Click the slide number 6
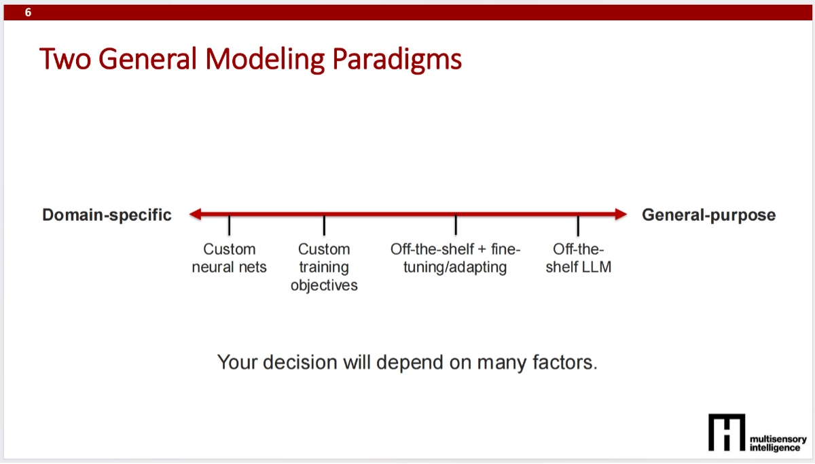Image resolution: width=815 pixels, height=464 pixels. click(x=28, y=12)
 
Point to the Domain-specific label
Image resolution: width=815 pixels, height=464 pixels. click(x=107, y=215)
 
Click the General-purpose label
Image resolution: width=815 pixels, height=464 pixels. click(x=708, y=215)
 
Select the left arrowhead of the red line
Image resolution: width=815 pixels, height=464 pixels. click(x=196, y=215)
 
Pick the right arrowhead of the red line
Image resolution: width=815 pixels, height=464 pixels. click(x=619, y=215)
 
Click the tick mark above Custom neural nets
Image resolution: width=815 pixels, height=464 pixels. click(x=230, y=225)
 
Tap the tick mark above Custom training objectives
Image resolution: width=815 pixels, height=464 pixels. click(x=324, y=225)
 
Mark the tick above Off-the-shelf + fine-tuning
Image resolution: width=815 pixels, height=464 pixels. click(x=456, y=225)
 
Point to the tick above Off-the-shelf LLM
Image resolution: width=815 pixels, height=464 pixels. click(x=578, y=225)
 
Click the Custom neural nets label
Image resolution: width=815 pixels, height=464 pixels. click(x=230, y=258)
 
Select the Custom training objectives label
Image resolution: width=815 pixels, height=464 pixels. click(x=324, y=267)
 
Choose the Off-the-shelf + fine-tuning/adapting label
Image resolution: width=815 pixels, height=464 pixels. click(x=456, y=258)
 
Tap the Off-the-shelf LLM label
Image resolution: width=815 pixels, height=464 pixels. click(x=578, y=258)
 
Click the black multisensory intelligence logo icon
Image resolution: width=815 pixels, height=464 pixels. click(x=726, y=431)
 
